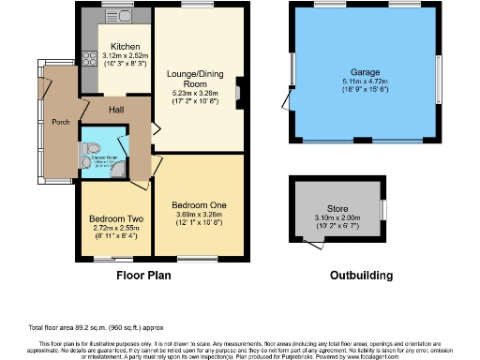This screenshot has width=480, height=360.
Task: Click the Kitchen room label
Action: [126, 46]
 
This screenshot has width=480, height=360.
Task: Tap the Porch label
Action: [61, 121]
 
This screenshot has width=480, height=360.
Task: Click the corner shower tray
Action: [116, 169]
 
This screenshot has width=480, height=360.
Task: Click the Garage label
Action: [366, 72]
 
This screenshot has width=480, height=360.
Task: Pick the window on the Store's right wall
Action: [382, 209]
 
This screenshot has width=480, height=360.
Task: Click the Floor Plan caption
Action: [144, 277]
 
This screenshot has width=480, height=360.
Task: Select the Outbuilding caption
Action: [362, 277]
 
